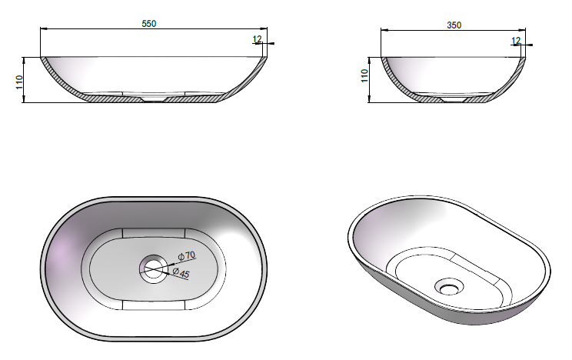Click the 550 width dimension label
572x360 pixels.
(149, 24)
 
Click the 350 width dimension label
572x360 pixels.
(454, 25)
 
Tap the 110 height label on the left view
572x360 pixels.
(19, 82)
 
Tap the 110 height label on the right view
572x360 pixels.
(364, 75)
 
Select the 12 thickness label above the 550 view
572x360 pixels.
(257, 38)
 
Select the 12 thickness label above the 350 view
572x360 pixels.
(516, 41)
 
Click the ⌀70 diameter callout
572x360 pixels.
(187, 255)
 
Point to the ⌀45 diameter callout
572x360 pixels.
(181, 273)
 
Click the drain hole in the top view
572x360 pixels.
(154, 270)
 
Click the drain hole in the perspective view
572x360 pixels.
(450, 288)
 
